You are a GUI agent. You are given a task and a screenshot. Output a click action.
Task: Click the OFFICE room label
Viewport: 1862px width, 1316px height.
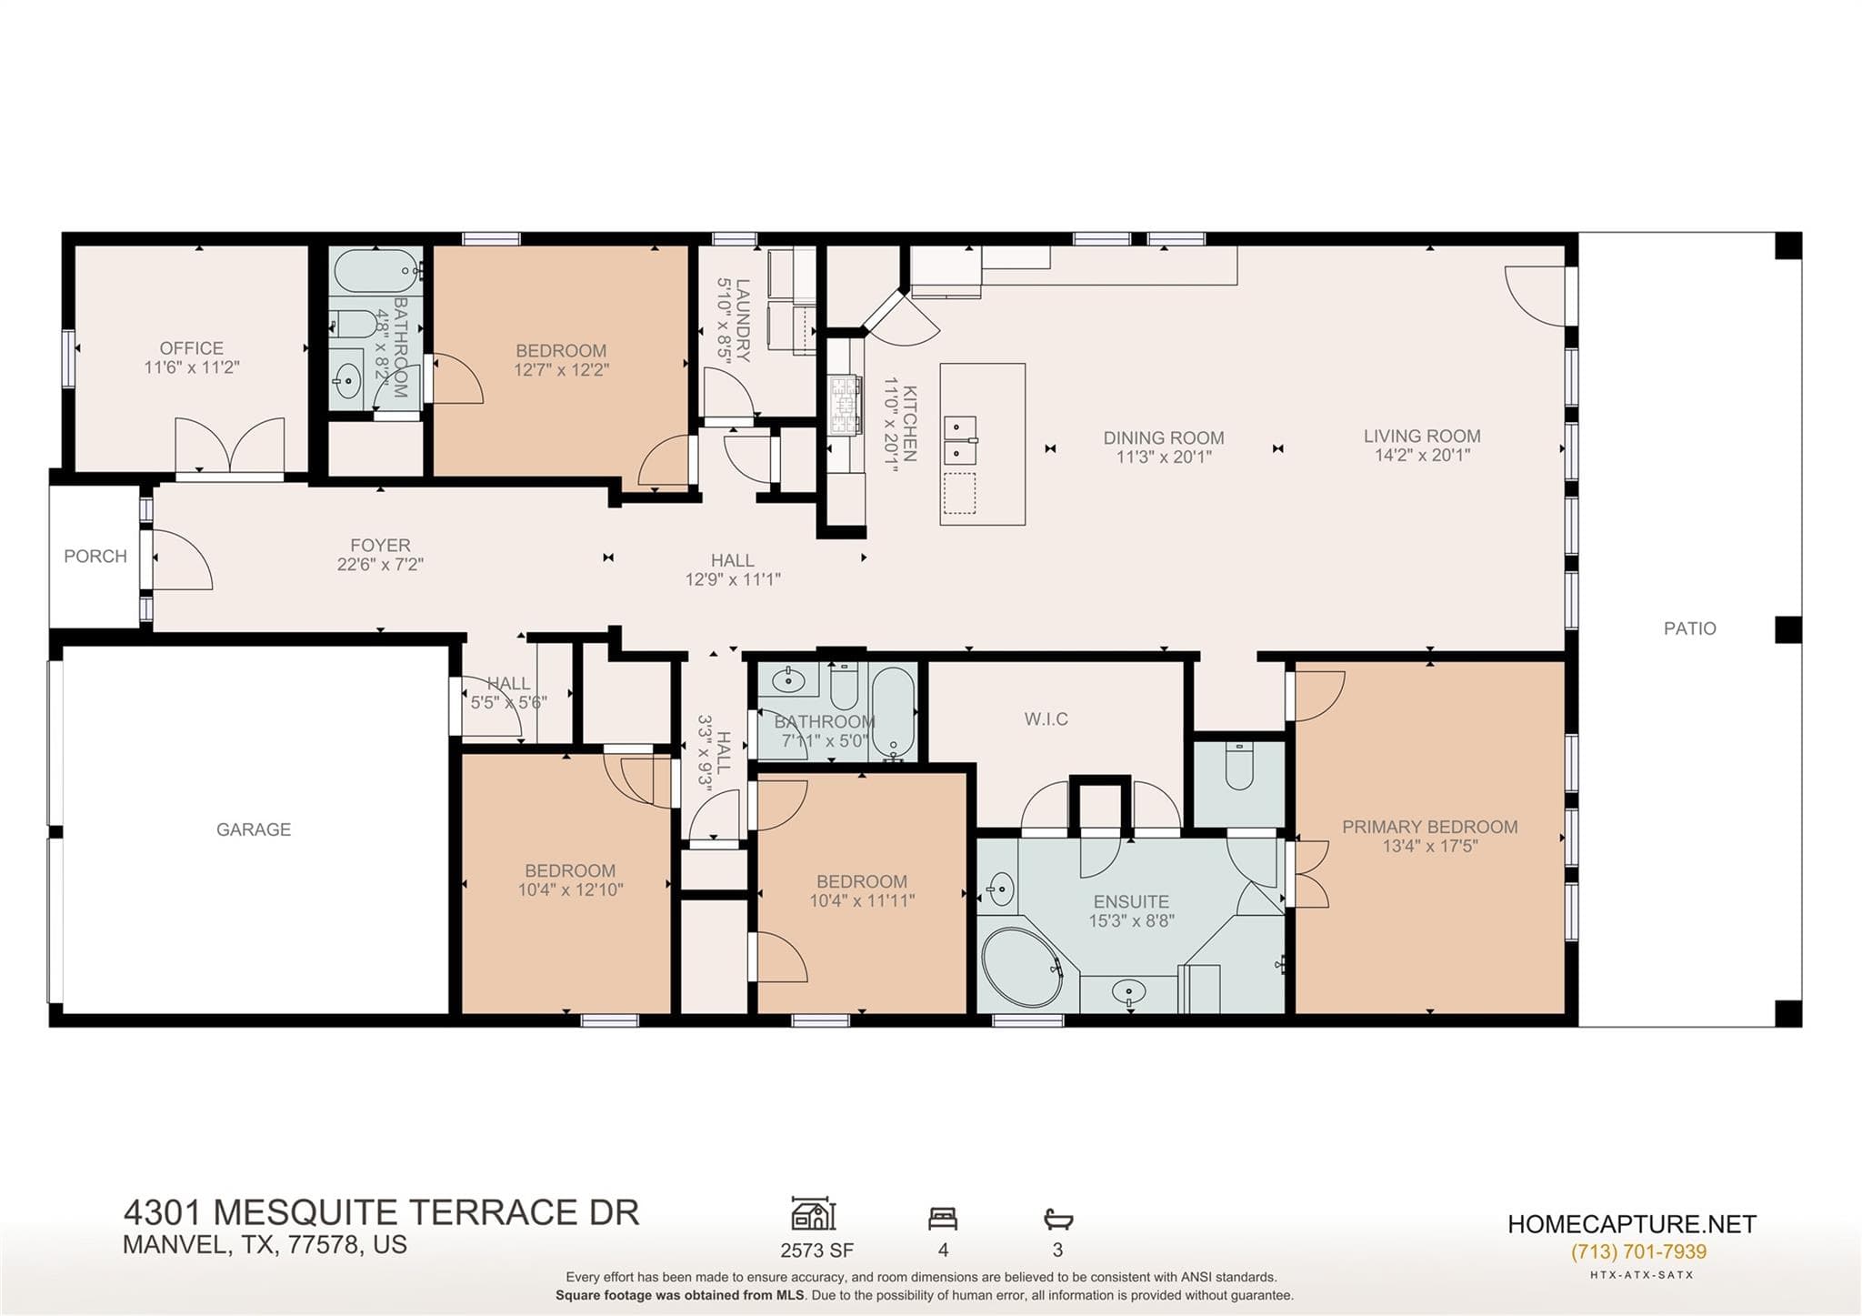191,348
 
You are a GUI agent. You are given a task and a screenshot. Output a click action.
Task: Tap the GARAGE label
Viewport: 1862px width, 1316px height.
254,829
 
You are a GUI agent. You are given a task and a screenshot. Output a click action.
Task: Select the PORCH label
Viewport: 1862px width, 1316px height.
95,556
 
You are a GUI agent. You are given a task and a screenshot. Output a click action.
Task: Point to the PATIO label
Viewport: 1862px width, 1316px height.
1690,628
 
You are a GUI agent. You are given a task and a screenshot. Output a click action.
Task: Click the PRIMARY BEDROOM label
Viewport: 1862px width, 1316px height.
1430,827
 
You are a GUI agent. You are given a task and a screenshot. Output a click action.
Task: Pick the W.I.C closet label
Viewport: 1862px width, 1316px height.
1046,719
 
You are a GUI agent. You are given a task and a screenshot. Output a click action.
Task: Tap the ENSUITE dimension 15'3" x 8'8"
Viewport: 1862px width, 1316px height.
1132,920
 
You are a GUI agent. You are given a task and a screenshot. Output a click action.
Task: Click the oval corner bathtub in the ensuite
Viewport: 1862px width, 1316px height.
1023,967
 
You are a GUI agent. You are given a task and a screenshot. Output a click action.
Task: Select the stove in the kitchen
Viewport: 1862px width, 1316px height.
845,406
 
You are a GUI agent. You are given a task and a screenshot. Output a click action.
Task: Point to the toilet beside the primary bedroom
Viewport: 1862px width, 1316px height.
1239,766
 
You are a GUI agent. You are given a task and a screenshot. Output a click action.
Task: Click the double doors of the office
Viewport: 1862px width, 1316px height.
230,446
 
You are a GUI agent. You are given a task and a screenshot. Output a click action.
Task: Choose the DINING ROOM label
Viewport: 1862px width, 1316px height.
1164,438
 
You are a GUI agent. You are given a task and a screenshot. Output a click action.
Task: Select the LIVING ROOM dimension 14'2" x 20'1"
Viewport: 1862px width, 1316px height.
1422,456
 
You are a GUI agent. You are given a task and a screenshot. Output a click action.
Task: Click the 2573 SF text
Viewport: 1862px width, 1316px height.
816,1251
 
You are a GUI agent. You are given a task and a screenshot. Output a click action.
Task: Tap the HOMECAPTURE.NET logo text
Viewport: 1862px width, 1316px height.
1632,1224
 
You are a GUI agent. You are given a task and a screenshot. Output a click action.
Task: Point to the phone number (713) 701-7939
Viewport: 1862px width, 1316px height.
1638,1252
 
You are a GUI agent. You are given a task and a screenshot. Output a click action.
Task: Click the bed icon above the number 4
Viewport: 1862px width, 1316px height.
943,1218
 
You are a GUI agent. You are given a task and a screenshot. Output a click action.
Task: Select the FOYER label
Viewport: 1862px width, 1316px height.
380,546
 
